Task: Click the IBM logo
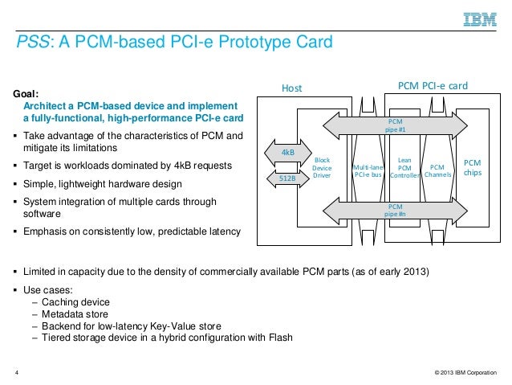point(478,19)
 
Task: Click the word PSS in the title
point(32,42)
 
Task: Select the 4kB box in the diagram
point(287,152)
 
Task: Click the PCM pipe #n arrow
point(396,211)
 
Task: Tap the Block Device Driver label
point(322,167)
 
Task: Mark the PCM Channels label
point(438,170)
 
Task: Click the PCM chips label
point(473,167)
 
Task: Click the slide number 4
point(18,372)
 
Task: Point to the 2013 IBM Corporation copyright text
point(464,372)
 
